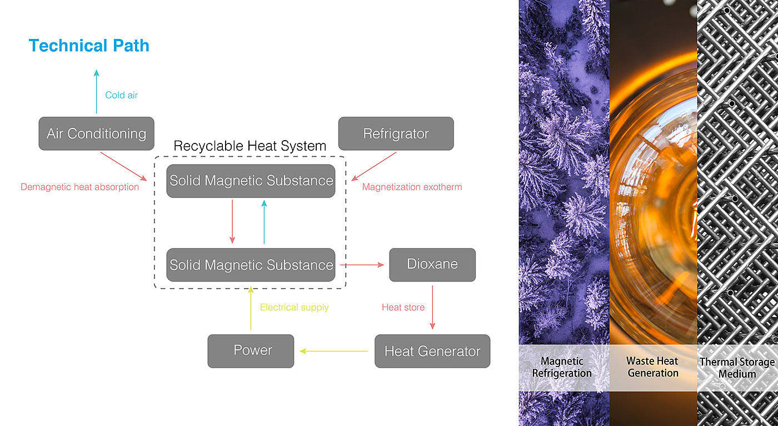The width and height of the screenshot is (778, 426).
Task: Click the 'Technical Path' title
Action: [x=89, y=46]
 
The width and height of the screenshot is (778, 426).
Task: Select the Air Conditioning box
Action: [x=96, y=133]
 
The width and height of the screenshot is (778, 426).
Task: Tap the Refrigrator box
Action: [x=396, y=133]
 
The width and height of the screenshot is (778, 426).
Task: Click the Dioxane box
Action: [x=432, y=264]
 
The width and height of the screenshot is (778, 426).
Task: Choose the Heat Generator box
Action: [x=432, y=351]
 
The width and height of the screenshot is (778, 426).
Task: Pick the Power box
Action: [x=251, y=351]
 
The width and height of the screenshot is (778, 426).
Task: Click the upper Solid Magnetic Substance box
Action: [x=251, y=181]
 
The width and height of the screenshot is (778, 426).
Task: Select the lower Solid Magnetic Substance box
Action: [x=251, y=265]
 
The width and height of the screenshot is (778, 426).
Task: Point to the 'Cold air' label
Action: [x=121, y=95]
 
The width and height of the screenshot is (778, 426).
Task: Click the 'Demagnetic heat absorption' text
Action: [x=79, y=187]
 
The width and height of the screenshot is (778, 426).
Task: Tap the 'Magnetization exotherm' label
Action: [x=412, y=187]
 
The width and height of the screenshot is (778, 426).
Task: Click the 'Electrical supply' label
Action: [x=294, y=307]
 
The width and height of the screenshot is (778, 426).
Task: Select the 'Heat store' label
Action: [x=403, y=307]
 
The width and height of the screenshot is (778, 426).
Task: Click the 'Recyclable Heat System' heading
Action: [x=250, y=146]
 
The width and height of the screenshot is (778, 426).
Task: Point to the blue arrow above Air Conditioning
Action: [x=96, y=92]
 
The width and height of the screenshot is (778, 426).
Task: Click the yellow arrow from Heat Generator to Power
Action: [x=333, y=351]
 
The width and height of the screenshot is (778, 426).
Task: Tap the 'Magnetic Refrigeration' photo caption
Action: [x=562, y=368]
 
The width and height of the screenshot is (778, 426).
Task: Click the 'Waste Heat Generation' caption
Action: [x=653, y=368]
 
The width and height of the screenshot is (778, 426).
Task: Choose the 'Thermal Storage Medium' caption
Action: [x=737, y=368]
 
